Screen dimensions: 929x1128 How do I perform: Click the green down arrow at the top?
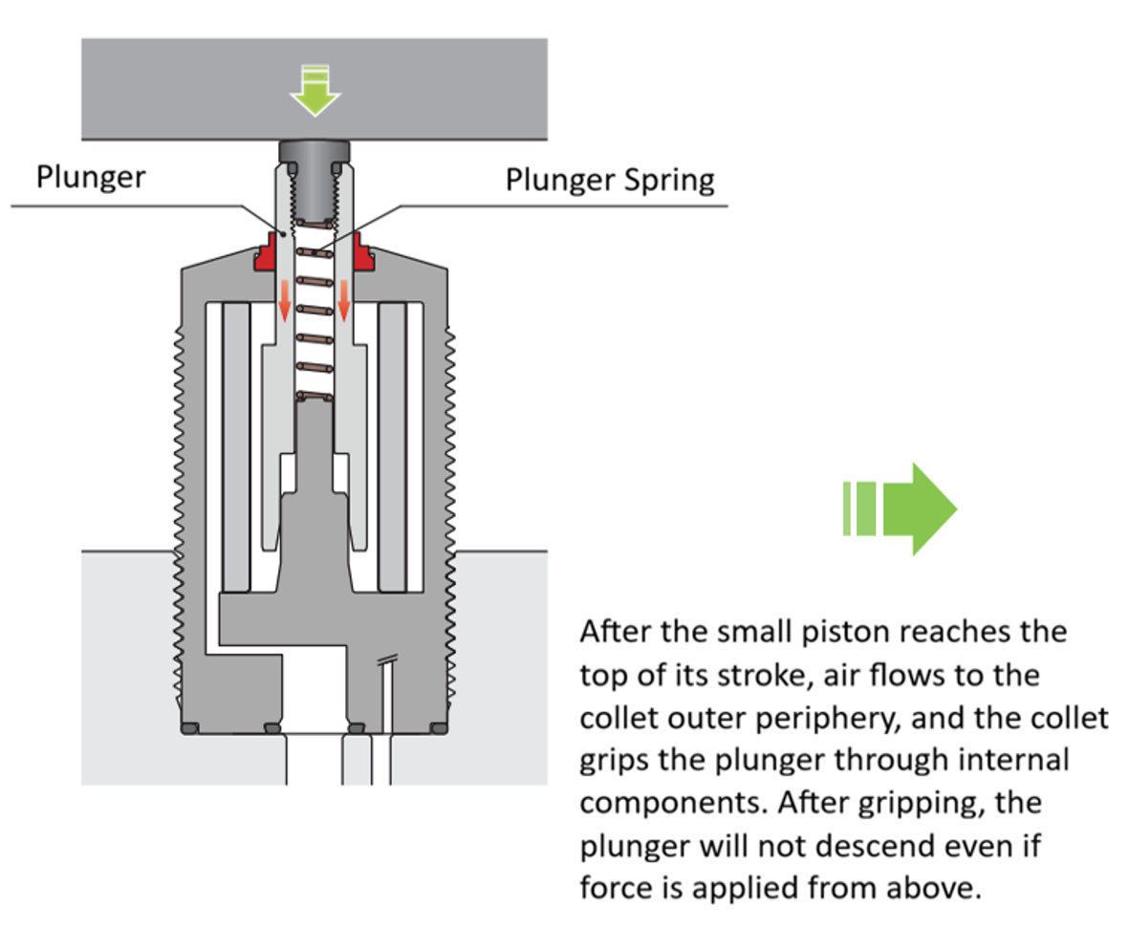coord(315,91)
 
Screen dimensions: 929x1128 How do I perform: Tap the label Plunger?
coord(91,177)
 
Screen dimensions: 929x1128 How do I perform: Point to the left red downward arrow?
coord(284,301)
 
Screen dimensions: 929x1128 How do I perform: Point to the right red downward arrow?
coord(345,301)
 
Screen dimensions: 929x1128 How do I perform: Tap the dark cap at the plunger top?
coord(315,150)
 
